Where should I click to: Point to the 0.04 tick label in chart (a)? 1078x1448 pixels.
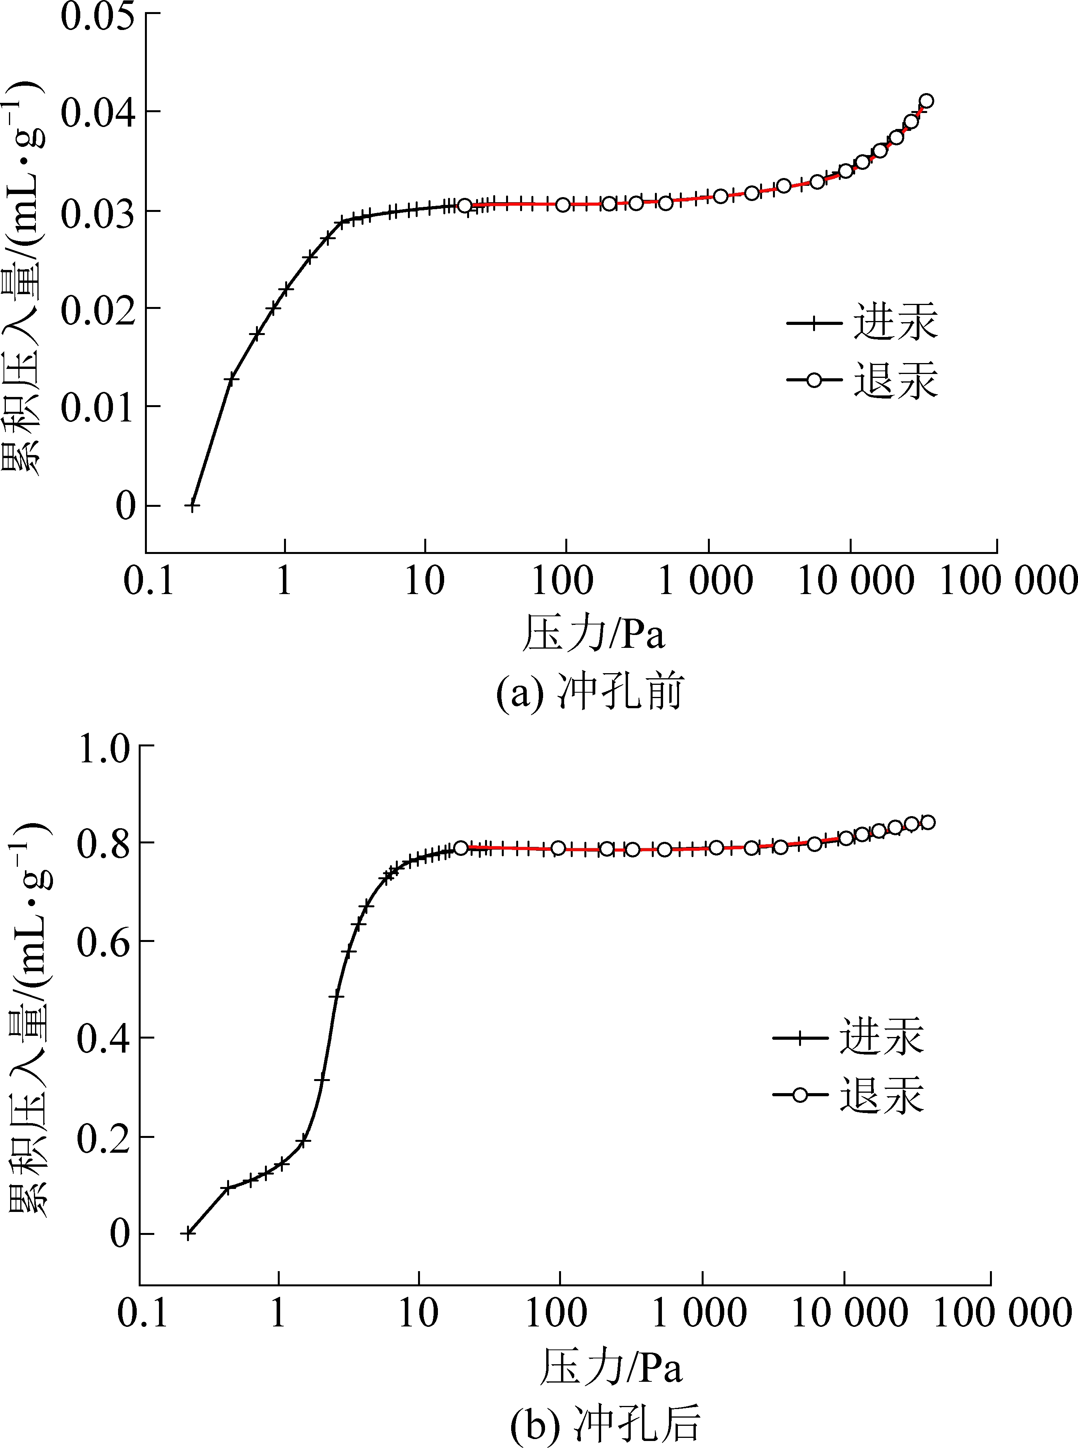click(x=98, y=112)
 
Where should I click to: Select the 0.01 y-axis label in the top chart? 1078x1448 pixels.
click(x=98, y=407)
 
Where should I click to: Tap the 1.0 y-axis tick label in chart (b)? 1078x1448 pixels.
click(x=104, y=748)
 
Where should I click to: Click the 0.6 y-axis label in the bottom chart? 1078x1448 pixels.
click(x=104, y=942)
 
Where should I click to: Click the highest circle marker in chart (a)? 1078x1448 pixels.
click(x=926, y=101)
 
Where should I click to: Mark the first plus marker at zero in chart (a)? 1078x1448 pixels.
click(x=192, y=505)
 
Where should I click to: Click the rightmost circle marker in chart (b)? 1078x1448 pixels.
click(x=927, y=822)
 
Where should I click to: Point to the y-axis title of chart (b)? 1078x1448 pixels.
click(x=27, y=1018)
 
